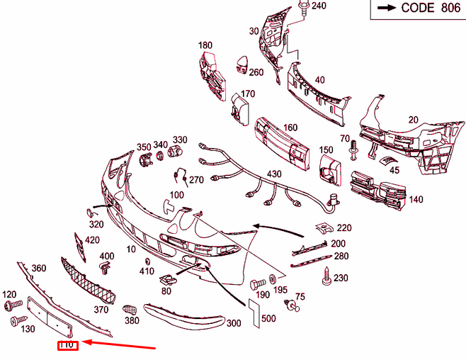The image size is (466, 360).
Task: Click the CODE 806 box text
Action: click(420, 9)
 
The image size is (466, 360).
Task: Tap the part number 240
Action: click(319, 6)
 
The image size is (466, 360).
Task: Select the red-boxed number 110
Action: click(67, 345)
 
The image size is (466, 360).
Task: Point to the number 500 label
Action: click(268, 319)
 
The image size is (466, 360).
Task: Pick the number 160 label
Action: click(290, 128)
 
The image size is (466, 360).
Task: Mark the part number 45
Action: click(394, 169)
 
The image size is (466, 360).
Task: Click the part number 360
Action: click(38, 268)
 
